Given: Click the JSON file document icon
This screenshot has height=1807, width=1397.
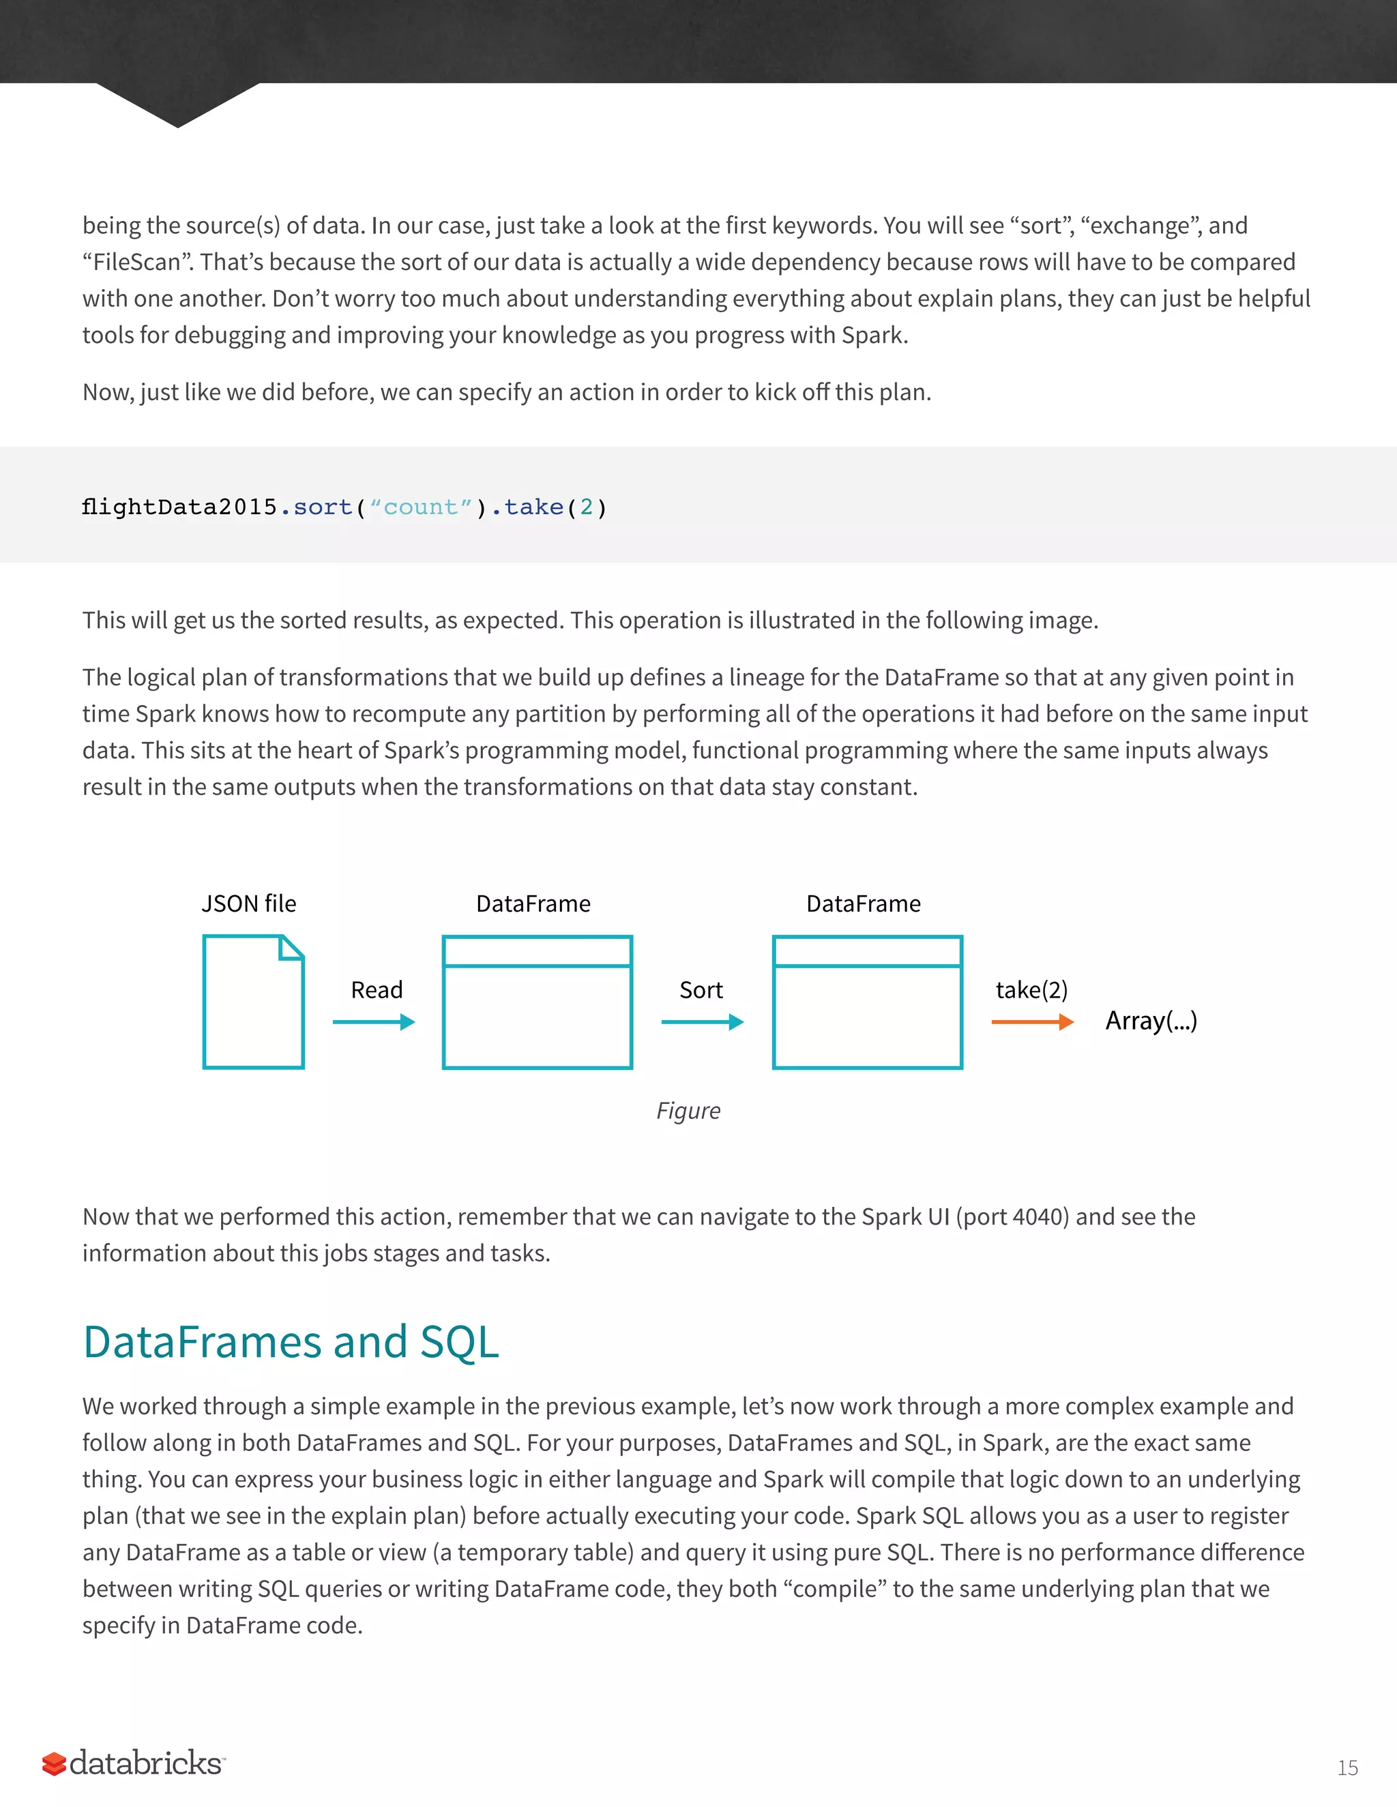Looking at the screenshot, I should pos(253,1001).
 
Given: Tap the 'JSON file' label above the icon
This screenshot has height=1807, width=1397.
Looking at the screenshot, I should pos(248,904).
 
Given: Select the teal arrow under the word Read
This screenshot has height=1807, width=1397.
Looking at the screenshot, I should pos(373,1023).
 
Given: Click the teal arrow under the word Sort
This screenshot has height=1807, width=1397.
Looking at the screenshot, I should pos(702,1023).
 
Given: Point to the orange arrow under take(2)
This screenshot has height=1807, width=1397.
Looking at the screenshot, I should pos(1032,1023).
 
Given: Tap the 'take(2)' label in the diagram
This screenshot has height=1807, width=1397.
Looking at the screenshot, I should pos(1031,989).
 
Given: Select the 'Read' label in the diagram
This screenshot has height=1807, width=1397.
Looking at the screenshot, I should pos(377,989).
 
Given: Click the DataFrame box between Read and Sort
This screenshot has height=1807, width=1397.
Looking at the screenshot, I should pos(537,1002).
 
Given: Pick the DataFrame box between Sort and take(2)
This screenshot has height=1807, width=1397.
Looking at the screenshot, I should pos(868,1002).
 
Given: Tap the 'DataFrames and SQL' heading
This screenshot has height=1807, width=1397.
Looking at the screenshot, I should pos(291,1341).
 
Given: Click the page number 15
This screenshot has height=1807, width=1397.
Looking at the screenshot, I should pos(1347,1768).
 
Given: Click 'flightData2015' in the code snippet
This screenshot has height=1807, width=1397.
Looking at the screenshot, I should pos(179,507).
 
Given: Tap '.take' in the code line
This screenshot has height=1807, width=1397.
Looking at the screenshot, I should pos(527,507).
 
